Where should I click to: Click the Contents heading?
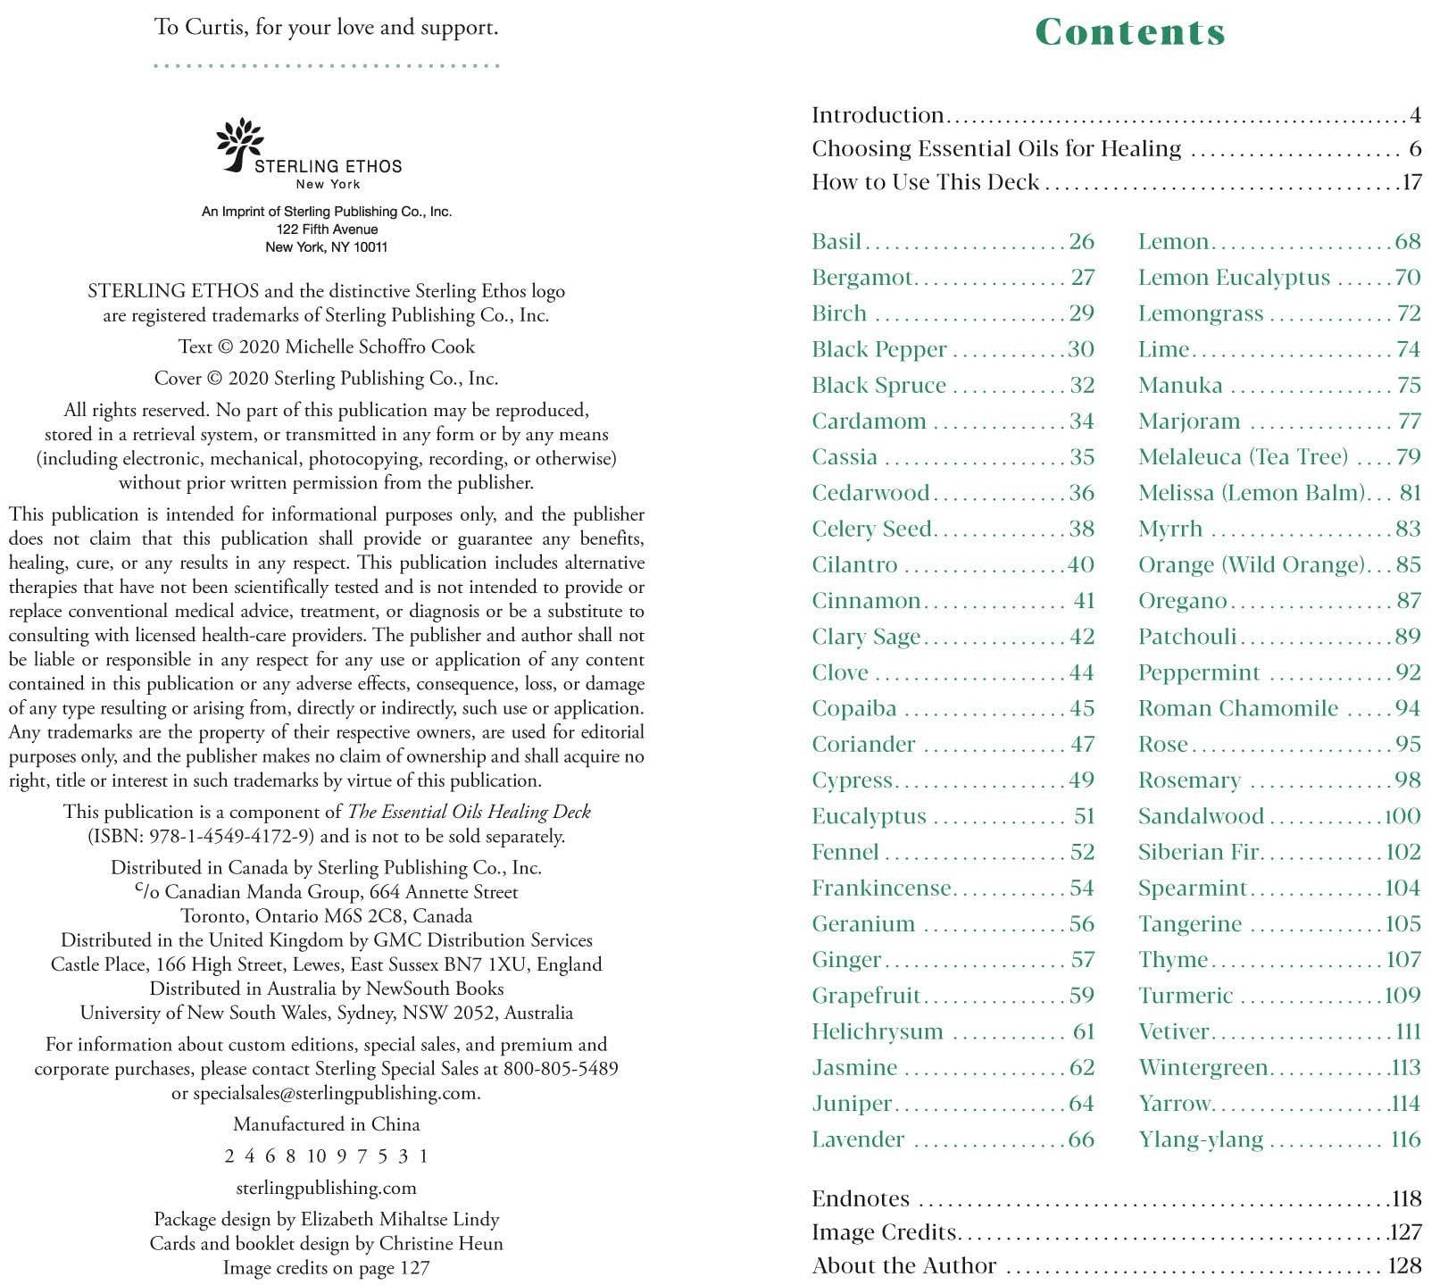pos(1130,32)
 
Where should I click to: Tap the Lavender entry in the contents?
pos(858,1139)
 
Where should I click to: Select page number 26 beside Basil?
pos(1081,242)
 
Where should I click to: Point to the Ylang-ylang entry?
pos(1201,1139)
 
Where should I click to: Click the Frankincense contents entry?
pos(881,889)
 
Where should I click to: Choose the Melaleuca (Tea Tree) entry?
pos(1243,457)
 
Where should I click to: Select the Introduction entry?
pos(878,115)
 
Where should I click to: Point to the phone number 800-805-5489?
pos(561,1069)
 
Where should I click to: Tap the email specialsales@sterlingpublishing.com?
pos(336,1093)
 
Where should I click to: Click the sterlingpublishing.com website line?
pos(326,1188)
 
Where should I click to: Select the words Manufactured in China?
pos(326,1124)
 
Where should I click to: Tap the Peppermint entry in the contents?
pos(1198,672)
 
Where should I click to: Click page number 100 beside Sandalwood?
pos(1402,816)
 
